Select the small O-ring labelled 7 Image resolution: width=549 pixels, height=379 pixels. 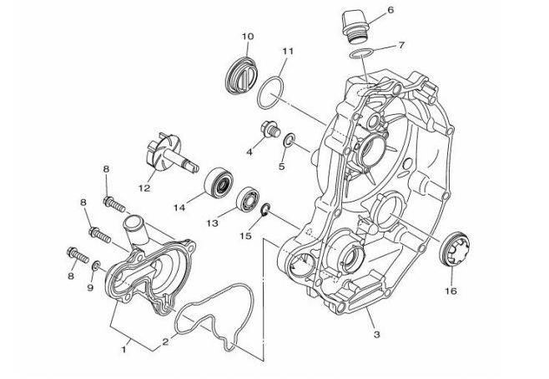pos(360,54)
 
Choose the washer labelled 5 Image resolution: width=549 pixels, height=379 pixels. pos(289,140)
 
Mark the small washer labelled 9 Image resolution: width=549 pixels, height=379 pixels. pos(97,265)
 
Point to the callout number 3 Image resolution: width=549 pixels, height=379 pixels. pos(375,334)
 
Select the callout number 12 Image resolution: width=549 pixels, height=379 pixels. pos(144,188)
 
